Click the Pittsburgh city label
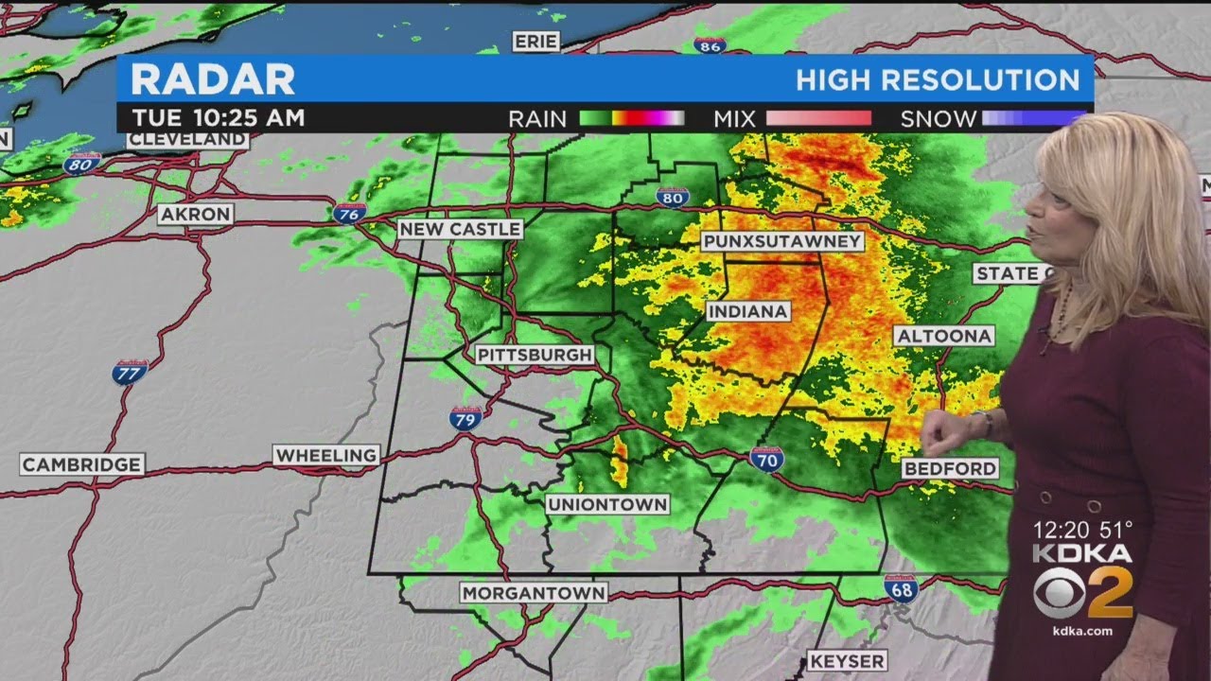coord(535,355)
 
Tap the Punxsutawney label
coord(782,241)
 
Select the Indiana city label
coord(747,311)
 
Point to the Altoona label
coord(943,336)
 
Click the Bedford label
coord(949,468)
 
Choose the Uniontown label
coord(607,504)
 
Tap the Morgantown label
coord(534,593)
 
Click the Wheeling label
coord(326,455)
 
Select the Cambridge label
coord(82,464)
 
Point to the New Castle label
coord(460,229)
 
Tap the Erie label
coord(536,41)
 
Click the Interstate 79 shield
coord(465,418)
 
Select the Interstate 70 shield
coord(766,459)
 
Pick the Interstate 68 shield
coord(901,588)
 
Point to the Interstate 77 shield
coord(130,371)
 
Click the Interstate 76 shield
coord(349,213)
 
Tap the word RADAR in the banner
coord(213,79)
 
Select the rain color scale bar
coord(631,118)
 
